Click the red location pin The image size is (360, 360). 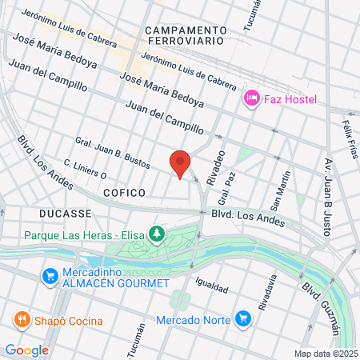[x=181, y=163]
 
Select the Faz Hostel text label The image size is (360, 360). [x=291, y=99]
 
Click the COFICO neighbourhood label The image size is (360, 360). [x=124, y=193]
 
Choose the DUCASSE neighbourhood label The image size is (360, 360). [x=66, y=214]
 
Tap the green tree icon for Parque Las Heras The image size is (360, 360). [x=158, y=234]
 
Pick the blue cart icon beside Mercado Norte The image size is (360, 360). [x=243, y=320]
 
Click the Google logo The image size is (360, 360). [x=26, y=350]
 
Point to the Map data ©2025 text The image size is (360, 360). [x=324, y=354]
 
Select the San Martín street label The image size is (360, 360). [x=285, y=185]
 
